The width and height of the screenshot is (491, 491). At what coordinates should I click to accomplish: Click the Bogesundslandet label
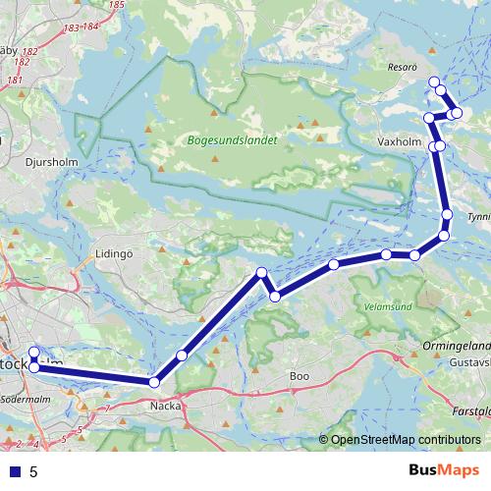click(233, 140)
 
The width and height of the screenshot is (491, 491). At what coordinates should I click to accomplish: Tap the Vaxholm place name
click(399, 141)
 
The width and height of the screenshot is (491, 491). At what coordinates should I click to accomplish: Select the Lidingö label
click(113, 252)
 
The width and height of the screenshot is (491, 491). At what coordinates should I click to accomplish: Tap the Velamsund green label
click(388, 305)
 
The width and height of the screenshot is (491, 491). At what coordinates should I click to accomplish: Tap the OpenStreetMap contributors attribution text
click(406, 439)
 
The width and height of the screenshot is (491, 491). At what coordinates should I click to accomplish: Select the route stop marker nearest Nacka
click(154, 382)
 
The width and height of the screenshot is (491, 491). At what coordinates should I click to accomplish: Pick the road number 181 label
click(15, 79)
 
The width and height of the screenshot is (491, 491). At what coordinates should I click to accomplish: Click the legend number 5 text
click(33, 471)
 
